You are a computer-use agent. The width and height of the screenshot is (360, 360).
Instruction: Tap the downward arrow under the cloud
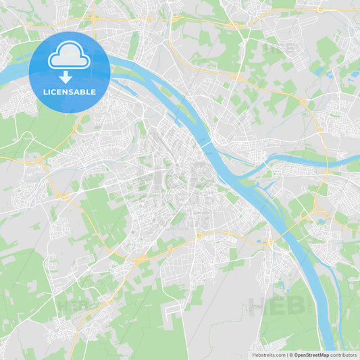pyautogui.click(x=66, y=76)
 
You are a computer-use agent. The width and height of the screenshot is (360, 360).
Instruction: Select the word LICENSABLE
pyautogui.click(x=69, y=93)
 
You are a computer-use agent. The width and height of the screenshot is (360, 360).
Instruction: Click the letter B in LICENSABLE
pyautogui.click(x=85, y=93)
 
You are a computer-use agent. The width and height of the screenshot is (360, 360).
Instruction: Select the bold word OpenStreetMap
pyautogui.click(x=312, y=355)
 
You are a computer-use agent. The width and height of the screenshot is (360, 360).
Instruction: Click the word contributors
pyautogui.click(x=344, y=355)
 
